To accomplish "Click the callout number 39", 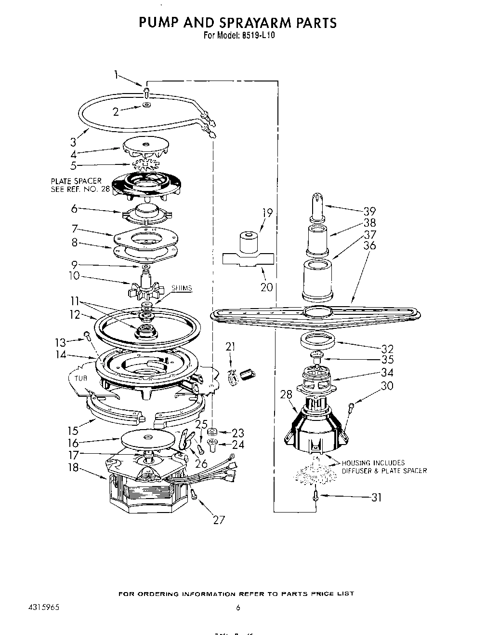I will click(x=369, y=211).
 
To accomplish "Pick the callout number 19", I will click(x=267, y=213).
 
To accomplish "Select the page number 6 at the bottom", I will click(x=237, y=608).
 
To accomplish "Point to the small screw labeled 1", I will click(x=147, y=91).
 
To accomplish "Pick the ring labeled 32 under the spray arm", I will click(x=318, y=341).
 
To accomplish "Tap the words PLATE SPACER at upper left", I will click(x=76, y=181).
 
